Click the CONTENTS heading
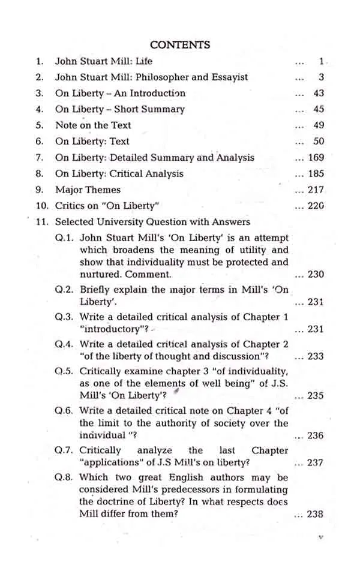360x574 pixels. coord(180,45)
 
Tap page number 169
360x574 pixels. coord(316,158)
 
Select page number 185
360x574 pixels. coord(316,174)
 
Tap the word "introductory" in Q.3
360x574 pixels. coord(110,329)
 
